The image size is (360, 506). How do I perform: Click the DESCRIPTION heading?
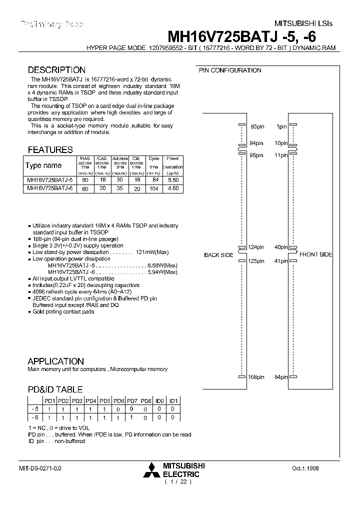pos(56,70)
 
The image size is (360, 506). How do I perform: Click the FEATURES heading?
pos(50,149)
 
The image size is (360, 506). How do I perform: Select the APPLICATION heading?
pos(55,361)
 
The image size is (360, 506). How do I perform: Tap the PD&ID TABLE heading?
pos(55,389)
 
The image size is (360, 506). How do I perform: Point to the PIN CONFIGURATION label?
pos(230,70)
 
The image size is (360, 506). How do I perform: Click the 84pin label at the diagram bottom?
pos(280,377)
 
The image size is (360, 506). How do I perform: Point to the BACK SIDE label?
pos(218,255)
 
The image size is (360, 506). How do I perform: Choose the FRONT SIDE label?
pos(315,254)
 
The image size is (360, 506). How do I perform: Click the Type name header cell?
pos(43,165)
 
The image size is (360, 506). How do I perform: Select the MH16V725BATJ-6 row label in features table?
pos(49,188)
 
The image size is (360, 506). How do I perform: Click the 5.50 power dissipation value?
pos(172,179)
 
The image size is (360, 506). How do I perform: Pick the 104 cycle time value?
pos(154,188)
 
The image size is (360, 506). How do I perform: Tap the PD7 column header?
pos(132,400)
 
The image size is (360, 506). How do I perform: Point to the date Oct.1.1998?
pos(305,468)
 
